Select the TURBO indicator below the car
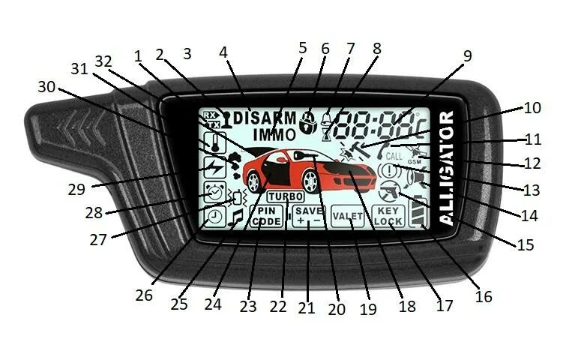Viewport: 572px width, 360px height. [x=286, y=196]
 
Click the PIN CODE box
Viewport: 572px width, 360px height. [x=266, y=217]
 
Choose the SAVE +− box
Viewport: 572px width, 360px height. [x=308, y=217]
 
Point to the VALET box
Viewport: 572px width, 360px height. [x=347, y=217]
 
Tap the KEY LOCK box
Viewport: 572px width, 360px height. [x=388, y=217]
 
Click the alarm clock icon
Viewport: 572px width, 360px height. [x=214, y=194]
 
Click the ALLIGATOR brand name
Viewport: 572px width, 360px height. [x=445, y=168]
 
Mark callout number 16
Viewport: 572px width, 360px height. [x=484, y=296]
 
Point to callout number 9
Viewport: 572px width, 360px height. [x=467, y=56]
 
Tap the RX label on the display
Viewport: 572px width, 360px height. [x=210, y=115]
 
